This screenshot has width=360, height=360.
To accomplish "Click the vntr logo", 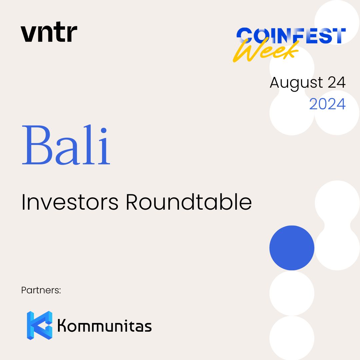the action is point(49,32).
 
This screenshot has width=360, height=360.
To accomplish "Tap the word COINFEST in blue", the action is point(291,35).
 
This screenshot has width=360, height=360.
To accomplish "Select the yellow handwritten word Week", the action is point(266,50).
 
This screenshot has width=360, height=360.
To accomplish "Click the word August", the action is point(296,83).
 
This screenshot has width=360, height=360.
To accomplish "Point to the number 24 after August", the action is point(337,82).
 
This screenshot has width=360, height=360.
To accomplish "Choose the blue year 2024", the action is point(327,104).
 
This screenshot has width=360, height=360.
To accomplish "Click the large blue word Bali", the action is point(66,145).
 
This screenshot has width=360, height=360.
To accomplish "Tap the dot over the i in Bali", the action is point(104,130).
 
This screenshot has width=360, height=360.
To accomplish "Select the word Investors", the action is point(70,202).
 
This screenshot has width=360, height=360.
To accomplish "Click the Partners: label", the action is point(41,290).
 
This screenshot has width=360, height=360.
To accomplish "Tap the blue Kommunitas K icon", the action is point(39,325).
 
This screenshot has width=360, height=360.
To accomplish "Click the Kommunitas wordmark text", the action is point(104,325).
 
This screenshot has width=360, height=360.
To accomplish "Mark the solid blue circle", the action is point(292,248).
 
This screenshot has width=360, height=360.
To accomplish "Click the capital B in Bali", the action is point(37,145).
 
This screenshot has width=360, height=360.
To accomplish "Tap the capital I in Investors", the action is point(23,202).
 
